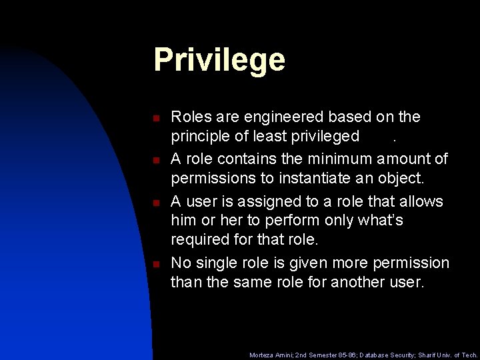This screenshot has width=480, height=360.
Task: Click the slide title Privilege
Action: tap(219, 60)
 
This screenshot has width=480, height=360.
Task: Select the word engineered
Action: tap(287, 117)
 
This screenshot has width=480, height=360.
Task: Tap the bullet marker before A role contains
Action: tap(155, 161)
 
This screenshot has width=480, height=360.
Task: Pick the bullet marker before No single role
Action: tap(155, 264)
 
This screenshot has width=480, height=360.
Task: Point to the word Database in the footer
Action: tap(370, 355)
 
